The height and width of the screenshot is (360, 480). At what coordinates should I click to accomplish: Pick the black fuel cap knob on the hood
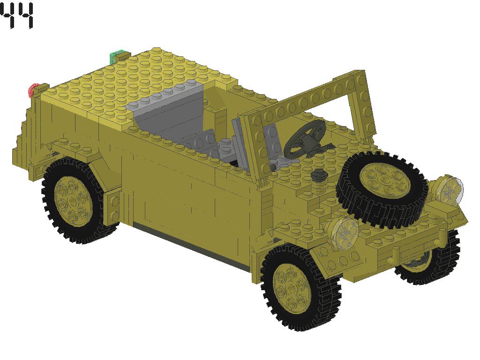tap(319, 175)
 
